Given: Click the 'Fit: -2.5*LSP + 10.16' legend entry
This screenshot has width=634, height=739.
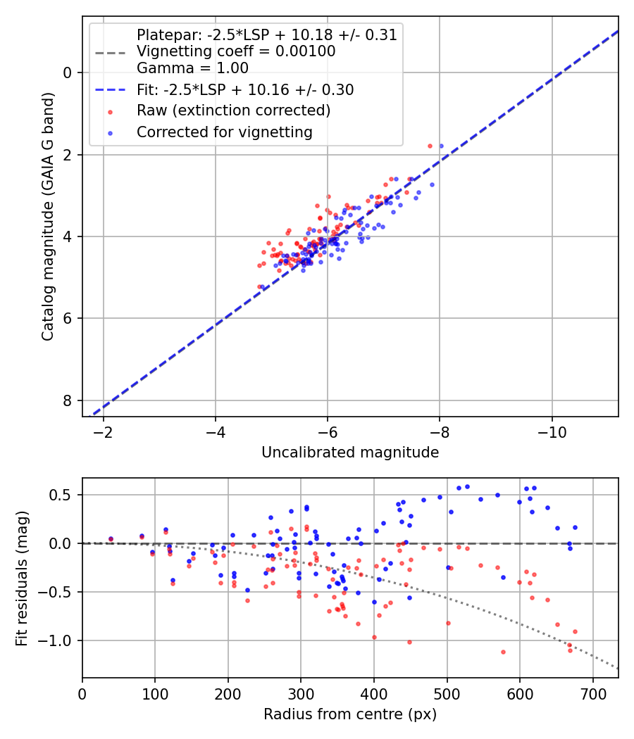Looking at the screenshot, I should click(x=245, y=90).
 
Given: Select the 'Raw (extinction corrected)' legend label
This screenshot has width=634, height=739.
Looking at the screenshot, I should click(x=233, y=110).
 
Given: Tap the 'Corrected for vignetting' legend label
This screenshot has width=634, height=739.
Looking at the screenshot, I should click(x=225, y=132).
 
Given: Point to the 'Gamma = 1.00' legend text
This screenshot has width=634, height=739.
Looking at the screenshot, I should click(x=192, y=68).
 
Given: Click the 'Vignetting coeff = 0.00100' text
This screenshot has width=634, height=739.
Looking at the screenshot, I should click(x=236, y=51).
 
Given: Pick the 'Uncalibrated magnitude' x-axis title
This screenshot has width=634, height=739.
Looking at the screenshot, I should click(x=350, y=453).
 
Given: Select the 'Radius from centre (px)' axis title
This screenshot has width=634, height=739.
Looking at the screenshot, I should click(x=350, y=714).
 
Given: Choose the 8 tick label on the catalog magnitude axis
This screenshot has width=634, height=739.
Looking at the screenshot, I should click(x=68, y=400).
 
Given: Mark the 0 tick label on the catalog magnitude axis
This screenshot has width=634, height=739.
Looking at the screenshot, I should click(x=68, y=72).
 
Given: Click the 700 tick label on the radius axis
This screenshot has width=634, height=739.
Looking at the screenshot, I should click(x=592, y=693).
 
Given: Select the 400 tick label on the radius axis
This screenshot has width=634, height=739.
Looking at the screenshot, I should click(x=374, y=693).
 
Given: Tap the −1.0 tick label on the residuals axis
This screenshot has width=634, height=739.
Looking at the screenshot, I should click(x=57, y=640).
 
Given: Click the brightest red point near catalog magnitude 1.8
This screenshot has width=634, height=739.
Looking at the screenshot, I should click(x=430, y=146).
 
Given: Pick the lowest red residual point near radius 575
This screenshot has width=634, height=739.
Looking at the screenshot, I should click(x=503, y=652).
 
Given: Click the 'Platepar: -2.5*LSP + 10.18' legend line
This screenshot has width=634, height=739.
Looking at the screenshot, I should click(x=267, y=34).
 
